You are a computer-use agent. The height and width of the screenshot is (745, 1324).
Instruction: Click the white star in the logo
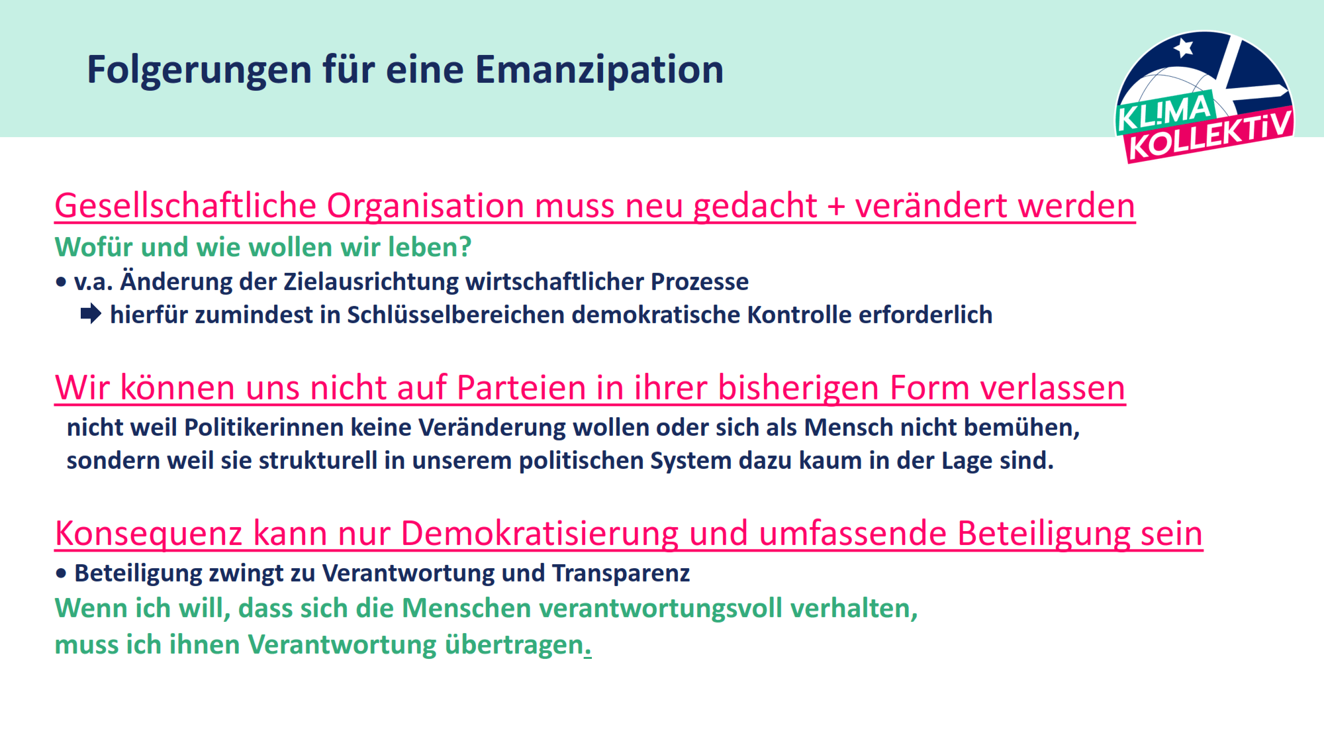coord(1184,48)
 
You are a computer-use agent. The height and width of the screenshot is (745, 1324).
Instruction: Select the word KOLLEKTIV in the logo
coord(1210,136)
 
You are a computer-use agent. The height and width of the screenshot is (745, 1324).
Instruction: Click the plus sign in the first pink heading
coord(836,206)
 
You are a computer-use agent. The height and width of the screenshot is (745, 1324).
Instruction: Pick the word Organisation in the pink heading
coord(425,206)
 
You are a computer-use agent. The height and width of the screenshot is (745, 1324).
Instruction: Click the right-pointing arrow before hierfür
coord(91,314)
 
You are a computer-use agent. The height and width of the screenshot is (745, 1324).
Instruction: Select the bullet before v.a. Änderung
coord(62,282)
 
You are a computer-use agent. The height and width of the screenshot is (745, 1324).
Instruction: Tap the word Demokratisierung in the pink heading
coord(540,533)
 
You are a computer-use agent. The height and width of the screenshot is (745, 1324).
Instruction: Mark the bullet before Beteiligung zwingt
coord(62,573)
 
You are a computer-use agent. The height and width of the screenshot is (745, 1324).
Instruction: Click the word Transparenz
coord(621,573)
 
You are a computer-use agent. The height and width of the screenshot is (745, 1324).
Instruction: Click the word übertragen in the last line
coord(514,645)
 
